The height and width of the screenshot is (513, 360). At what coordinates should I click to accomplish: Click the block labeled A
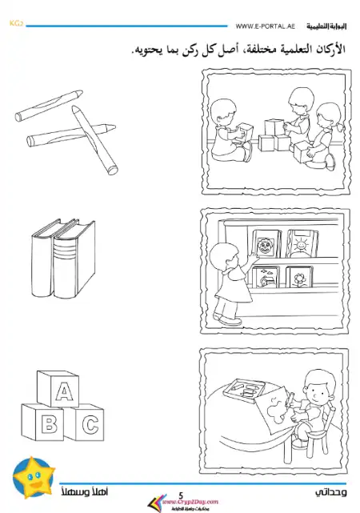(x=62, y=391)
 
